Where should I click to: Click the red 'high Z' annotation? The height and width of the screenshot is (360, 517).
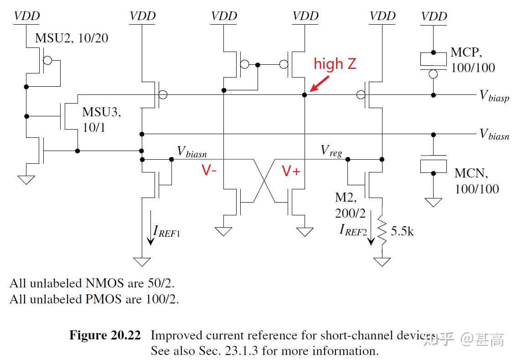pyautogui.click(x=335, y=64)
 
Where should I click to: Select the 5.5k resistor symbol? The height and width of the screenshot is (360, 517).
pyautogui.click(x=382, y=231)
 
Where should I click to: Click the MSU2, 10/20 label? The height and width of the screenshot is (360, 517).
pyautogui.click(x=72, y=37)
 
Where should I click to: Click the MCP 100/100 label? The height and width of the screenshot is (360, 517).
pyautogui.click(x=472, y=60)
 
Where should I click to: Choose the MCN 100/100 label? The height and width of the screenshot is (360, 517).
pyautogui.click(x=476, y=181)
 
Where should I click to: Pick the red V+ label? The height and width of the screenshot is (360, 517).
pyautogui.click(x=291, y=171)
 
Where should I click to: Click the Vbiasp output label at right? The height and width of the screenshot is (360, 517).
pyautogui.click(x=494, y=96)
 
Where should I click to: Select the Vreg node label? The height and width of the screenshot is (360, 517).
pyautogui.click(x=331, y=151)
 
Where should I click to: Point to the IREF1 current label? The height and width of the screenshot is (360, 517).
pyautogui.click(x=167, y=231)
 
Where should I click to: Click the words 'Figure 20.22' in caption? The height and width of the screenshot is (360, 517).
pyautogui.click(x=105, y=336)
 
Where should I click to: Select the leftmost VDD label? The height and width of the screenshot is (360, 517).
pyautogui.click(x=27, y=16)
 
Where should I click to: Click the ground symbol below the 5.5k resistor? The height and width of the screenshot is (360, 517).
pyautogui.click(x=382, y=262)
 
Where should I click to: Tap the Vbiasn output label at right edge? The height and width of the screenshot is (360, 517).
pyautogui.click(x=494, y=135)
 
